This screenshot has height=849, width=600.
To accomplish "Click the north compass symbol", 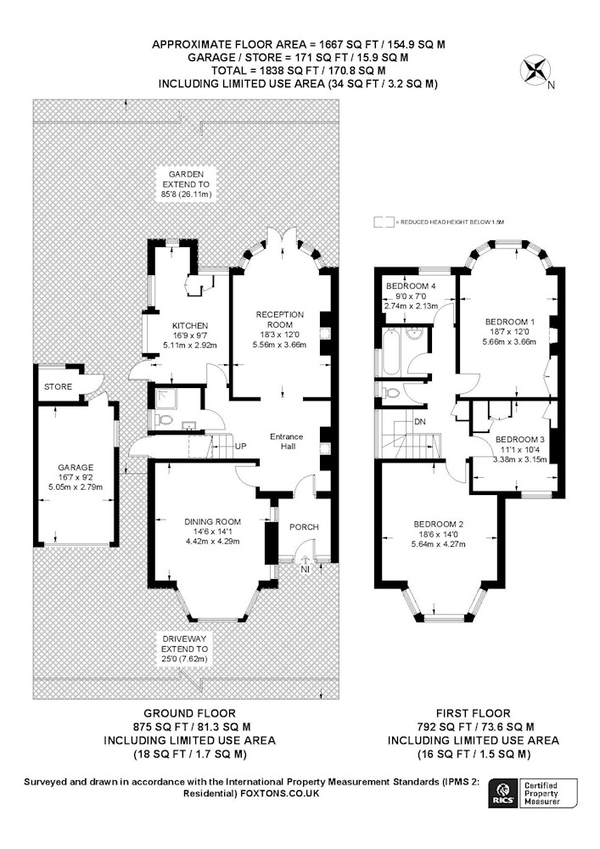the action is point(536,70).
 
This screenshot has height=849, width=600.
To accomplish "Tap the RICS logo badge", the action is point(502,794).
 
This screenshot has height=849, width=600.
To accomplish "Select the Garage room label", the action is point(76,467).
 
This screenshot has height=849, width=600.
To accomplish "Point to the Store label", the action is point(58,386).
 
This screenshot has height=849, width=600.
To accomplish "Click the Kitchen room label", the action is point(190,325).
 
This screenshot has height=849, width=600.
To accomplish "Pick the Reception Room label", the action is point(280,319).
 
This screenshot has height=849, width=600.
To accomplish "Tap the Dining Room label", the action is point(213,522).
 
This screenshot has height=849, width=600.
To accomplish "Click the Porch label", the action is point(304,527).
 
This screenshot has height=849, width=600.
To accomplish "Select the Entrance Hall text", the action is point(287,441).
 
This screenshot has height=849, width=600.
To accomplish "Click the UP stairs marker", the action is point(241,447).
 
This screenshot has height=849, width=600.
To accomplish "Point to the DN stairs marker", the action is point(420,421).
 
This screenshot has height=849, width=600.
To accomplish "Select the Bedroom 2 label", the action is point(439,524).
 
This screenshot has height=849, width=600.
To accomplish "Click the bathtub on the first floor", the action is point(390,352).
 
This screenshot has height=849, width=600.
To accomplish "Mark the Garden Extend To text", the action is point(186,184).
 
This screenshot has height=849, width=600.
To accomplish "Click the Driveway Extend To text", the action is point(184,649).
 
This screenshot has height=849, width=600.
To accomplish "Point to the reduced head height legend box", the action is point(384,222).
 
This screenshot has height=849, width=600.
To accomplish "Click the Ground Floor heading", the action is point(189,713).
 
